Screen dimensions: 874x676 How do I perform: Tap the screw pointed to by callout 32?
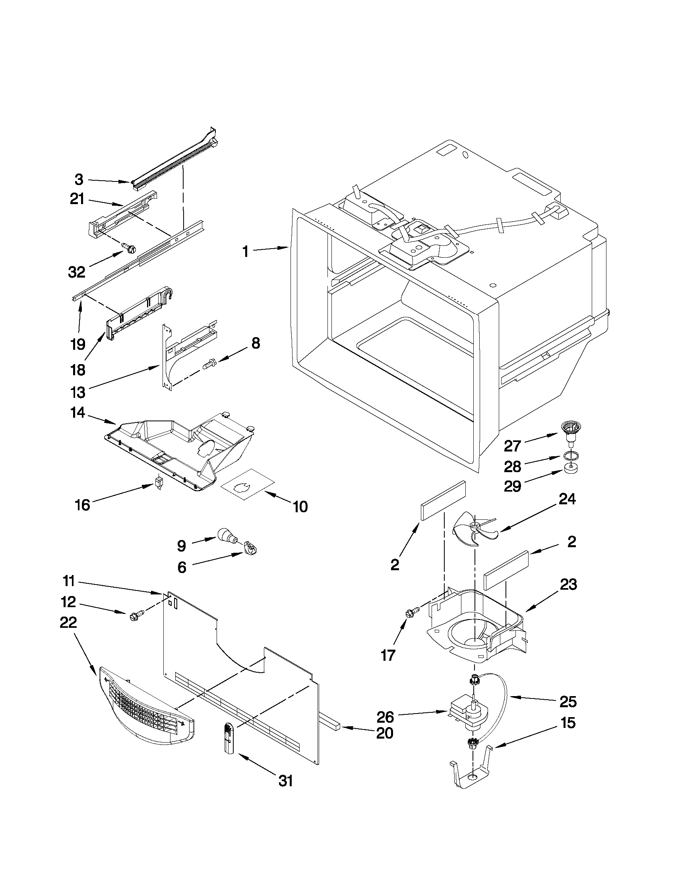tap(129, 248)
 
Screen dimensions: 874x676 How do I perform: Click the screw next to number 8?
tap(209, 364)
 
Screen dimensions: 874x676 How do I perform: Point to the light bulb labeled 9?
tap(227, 535)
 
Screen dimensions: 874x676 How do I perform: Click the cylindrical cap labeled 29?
tap(571, 469)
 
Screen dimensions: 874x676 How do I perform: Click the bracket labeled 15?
tap(471, 774)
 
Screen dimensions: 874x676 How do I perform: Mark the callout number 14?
tap(77, 413)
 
